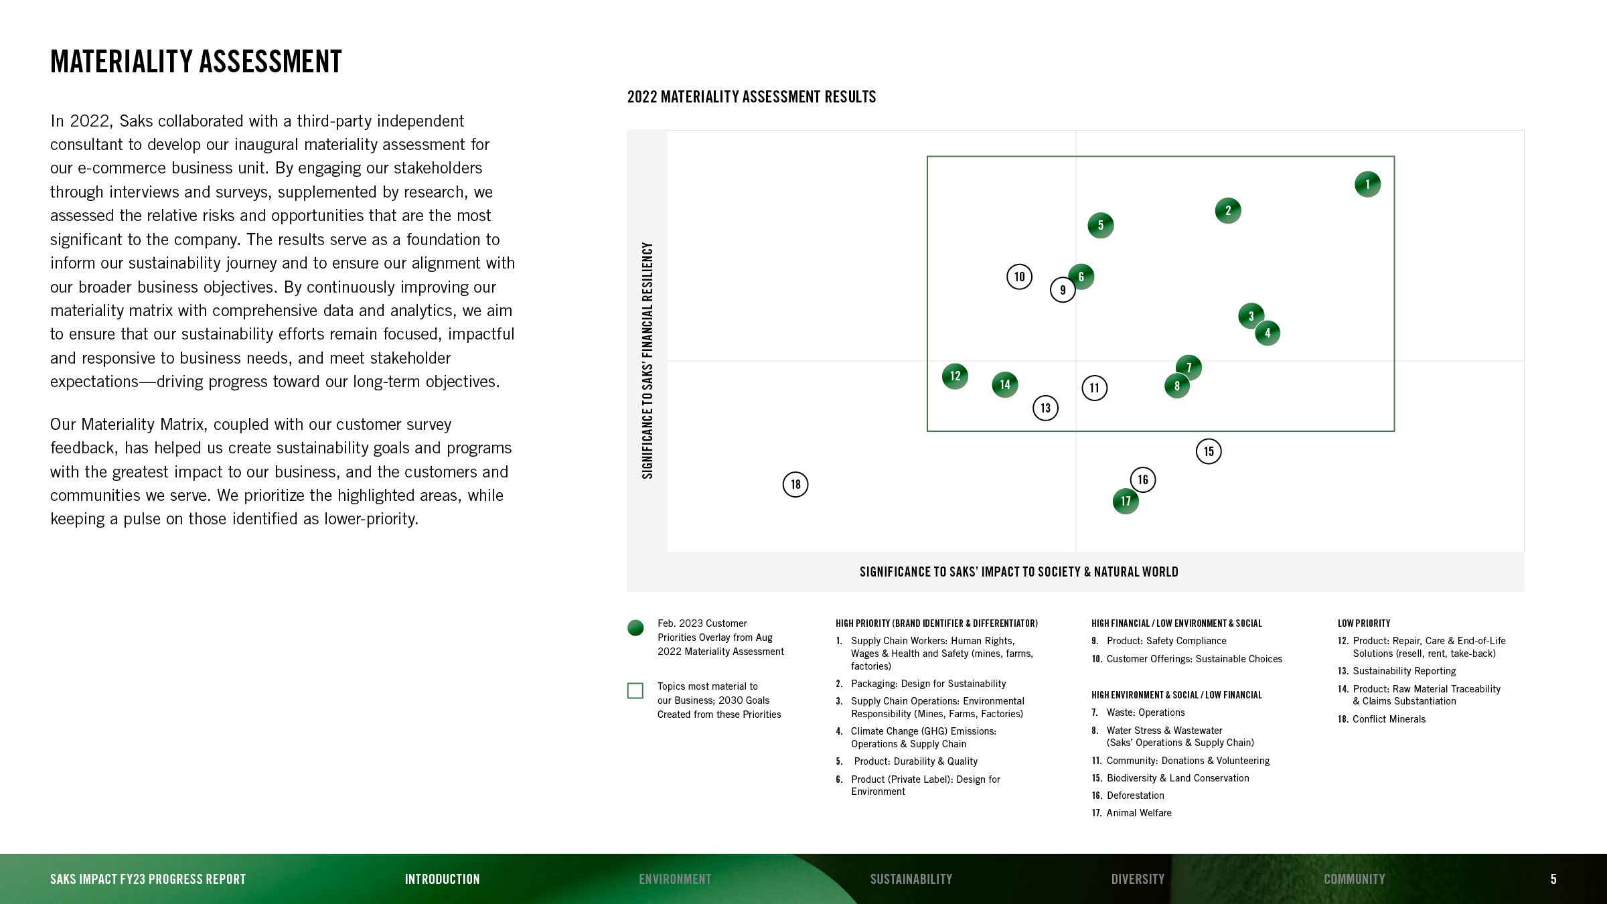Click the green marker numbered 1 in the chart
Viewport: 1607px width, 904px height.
(x=1367, y=184)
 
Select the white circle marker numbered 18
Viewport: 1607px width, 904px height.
(x=795, y=484)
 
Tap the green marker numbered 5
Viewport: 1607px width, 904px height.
(x=1101, y=226)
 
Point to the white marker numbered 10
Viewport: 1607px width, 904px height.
(x=1019, y=277)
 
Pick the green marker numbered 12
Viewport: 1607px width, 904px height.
(x=955, y=376)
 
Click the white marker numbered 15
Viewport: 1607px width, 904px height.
(x=1209, y=451)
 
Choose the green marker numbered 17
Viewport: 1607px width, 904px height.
(x=1126, y=502)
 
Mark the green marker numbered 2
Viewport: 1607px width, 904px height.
(x=1228, y=211)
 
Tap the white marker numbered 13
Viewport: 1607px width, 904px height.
(x=1045, y=408)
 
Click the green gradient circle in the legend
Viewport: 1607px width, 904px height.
(x=635, y=628)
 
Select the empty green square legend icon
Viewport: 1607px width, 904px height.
(x=635, y=690)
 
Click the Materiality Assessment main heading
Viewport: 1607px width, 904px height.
(x=196, y=62)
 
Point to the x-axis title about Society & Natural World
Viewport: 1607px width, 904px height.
(x=1018, y=572)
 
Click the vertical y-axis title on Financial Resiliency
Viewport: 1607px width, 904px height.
(x=647, y=360)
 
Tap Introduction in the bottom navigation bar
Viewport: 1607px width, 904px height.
(x=442, y=879)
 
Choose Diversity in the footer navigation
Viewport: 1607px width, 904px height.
(x=1138, y=879)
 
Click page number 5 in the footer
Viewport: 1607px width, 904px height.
(x=1553, y=879)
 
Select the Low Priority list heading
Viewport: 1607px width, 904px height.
(x=1364, y=623)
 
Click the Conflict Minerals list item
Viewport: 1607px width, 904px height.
(x=1388, y=719)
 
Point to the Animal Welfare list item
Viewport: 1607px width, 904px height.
(x=1138, y=813)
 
